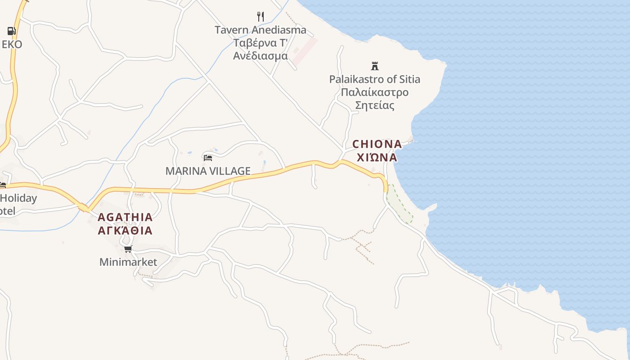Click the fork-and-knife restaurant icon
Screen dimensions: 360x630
tap(260, 17)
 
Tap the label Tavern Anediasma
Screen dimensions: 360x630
tap(260, 30)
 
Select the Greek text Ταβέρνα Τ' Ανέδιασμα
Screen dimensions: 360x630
tap(260, 49)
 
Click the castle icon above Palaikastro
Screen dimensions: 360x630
tap(374, 66)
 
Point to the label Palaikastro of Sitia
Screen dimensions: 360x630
tap(374, 80)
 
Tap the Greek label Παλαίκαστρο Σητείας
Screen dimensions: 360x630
tap(374, 99)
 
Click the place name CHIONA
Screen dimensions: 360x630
tap(377, 144)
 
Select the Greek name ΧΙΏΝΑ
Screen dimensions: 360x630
tap(377, 157)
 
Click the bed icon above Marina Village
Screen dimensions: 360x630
tap(207, 157)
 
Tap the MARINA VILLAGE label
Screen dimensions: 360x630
tap(207, 171)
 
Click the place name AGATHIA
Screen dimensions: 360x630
tap(125, 217)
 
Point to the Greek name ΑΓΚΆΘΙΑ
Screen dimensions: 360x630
tap(125, 231)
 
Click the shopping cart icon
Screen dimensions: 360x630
tap(128, 249)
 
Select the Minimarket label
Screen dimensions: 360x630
tap(128, 262)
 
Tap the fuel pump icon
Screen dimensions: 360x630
tap(11, 31)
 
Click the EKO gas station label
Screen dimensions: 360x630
tap(12, 45)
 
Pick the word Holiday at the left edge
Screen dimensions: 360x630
tap(18, 198)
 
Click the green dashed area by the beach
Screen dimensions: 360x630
tap(400, 205)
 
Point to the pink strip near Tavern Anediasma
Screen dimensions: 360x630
tap(306, 51)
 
